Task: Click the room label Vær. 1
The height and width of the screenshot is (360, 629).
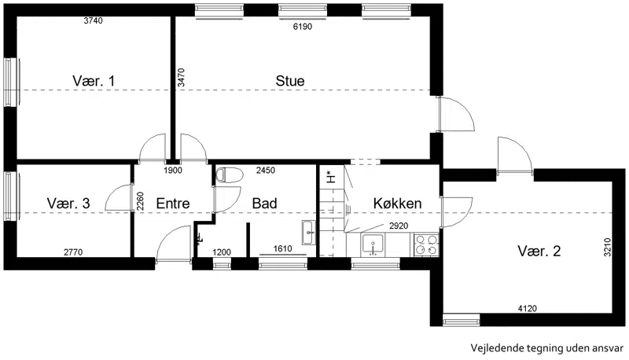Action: tap(94, 81)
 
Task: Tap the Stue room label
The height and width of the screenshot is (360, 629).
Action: tap(290, 81)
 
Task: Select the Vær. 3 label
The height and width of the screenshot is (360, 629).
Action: tap(68, 204)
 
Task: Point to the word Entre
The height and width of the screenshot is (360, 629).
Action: tap(173, 204)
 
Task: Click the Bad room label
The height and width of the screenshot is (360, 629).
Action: tap(264, 204)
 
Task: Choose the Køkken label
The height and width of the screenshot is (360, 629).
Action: tap(397, 204)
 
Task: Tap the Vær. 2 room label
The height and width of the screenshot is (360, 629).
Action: tap(539, 252)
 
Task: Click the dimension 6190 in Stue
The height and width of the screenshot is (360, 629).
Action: tap(303, 27)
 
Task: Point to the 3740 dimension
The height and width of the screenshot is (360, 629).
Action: tap(93, 20)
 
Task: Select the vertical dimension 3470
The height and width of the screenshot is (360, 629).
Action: tap(182, 77)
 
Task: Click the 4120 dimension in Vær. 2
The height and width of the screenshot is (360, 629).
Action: tap(527, 308)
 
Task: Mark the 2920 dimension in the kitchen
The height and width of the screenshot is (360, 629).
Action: tap(399, 226)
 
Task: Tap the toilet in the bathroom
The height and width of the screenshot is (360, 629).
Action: tap(230, 175)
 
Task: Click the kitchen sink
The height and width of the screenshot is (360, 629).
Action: tap(373, 244)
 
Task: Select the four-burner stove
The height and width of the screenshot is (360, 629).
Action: tap(426, 244)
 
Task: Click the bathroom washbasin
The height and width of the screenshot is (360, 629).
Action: tap(308, 232)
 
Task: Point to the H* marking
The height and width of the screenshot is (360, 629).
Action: tap(331, 176)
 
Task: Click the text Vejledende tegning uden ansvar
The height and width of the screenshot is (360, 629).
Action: tap(547, 348)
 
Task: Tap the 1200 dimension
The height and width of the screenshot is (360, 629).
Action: tap(222, 252)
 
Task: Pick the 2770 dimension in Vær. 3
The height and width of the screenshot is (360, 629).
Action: tap(73, 252)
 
